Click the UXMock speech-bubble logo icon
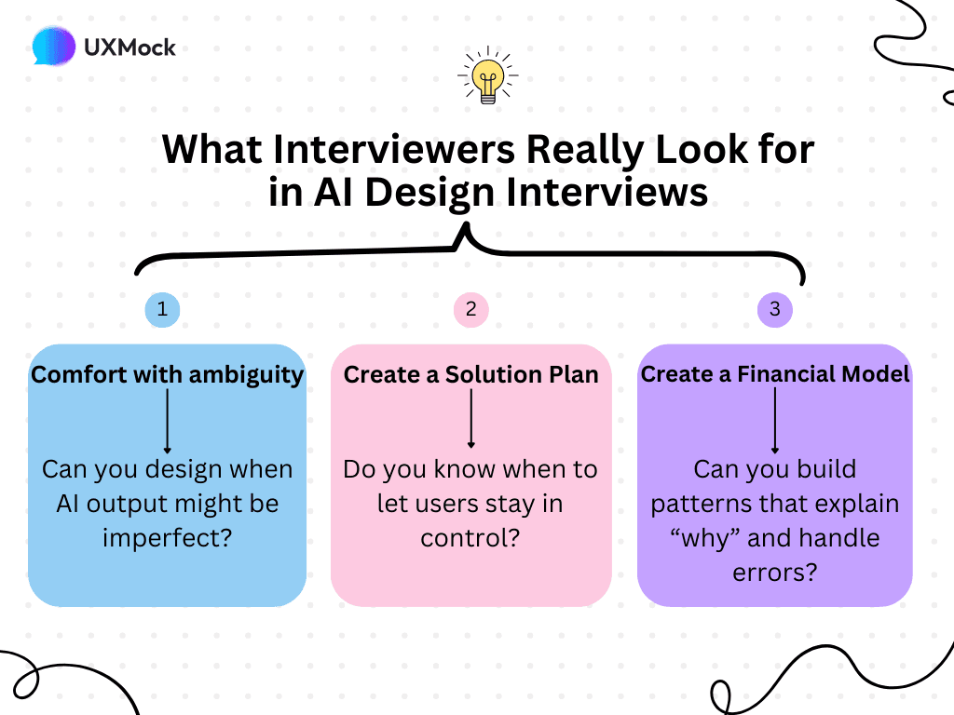54,46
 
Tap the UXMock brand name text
130,47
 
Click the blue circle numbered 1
163,310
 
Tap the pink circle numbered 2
470,310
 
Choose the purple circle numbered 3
774,310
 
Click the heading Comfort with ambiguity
168,374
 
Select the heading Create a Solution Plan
470,374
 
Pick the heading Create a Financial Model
774,374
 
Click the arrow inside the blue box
167,420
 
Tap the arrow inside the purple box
774,421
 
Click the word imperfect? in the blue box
168,538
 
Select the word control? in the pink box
470,538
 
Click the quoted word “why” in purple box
726,537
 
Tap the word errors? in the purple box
774,571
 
